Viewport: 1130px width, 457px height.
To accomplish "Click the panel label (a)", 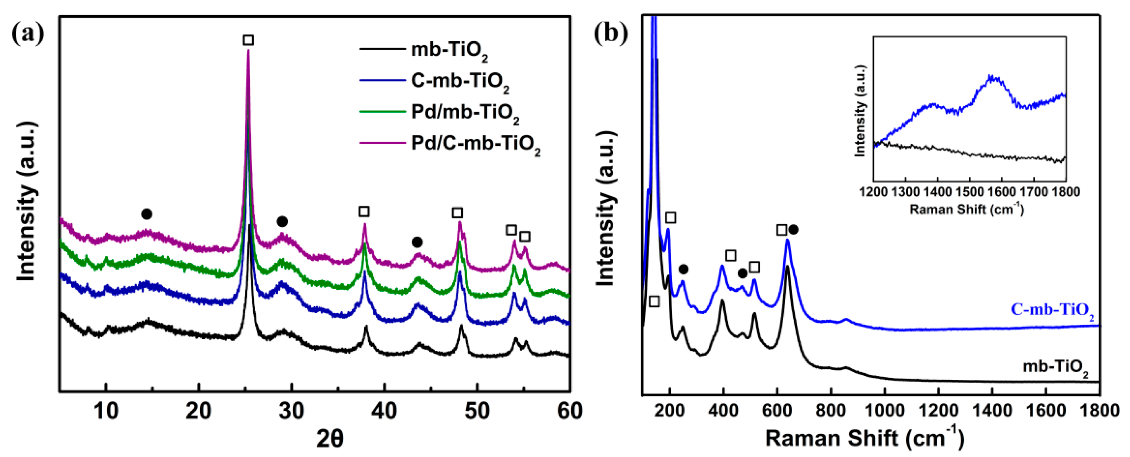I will (x=28, y=33).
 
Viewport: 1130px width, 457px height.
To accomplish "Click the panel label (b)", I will (x=611, y=33).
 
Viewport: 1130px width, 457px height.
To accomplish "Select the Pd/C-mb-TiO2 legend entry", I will (x=475, y=144).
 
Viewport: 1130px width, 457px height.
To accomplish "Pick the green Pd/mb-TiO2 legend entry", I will (x=465, y=113).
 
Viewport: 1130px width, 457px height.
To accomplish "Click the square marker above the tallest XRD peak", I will (x=248, y=41).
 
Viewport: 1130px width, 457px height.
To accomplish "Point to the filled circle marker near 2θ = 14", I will (x=147, y=214).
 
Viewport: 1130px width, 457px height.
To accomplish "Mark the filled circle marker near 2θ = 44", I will (x=417, y=242).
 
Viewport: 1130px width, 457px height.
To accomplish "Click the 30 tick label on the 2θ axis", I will (x=291, y=411).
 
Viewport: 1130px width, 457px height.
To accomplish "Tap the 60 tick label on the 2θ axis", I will (x=569, y=411).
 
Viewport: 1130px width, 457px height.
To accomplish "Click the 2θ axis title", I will (x=330, y=439).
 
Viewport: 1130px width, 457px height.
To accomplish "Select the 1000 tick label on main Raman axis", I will (x=884, y=411).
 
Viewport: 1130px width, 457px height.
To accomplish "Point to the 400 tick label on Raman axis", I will (x=723, y=411).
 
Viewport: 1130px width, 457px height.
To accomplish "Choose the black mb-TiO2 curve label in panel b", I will (x=1055, y=367).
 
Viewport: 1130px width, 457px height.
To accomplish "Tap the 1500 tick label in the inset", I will (x=969, y=192).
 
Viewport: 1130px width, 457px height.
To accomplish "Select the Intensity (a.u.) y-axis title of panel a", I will (x=26, y=202).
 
